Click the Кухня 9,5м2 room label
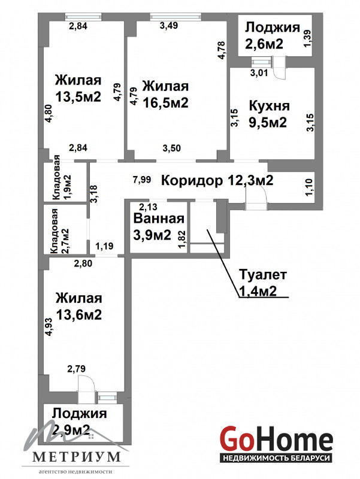pyautogui.click(x=269, y=114)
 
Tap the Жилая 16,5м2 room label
pyautogui.click(x=166, y=95)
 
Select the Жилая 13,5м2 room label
pyautogui.click(x=78, y=89)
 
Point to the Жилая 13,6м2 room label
pyautogui.click(x=78, y=306)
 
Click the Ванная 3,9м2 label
pyautogui.click(x=159, y=227)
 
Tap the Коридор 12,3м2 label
pyautogui.click(x=217, y=181)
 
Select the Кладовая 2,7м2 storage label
pyautogui.click(x=60, y=231)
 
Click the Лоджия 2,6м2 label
pyautogui.click(x=273, y=35)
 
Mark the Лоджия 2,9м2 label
pyautogui.click(x=79, y=422)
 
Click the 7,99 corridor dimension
pyautogui.click(x=142, y=180)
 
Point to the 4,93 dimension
pyautogui.click(x=49, y=327)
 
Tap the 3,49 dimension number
pyautogui.click(x=169, y=25)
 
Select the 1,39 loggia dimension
pyautogui.click(x=307, y=38)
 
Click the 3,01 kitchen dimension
pyautogui.click(x=259, y=73)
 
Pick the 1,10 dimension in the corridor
pyautogui.click(x=309, y=187)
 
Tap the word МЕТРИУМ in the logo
pyautogui.click(x=77, y=457)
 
